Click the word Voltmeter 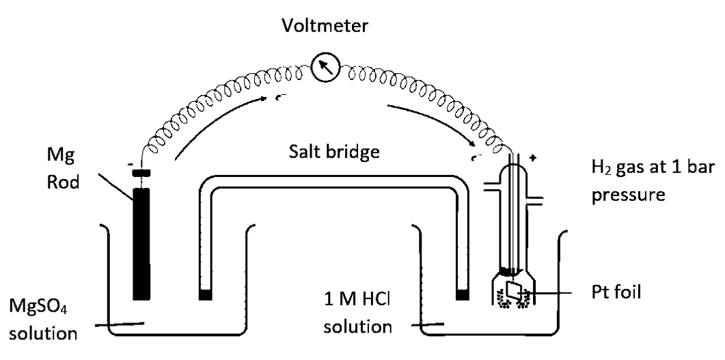pos(325,27)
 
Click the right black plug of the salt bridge pos(463,295)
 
